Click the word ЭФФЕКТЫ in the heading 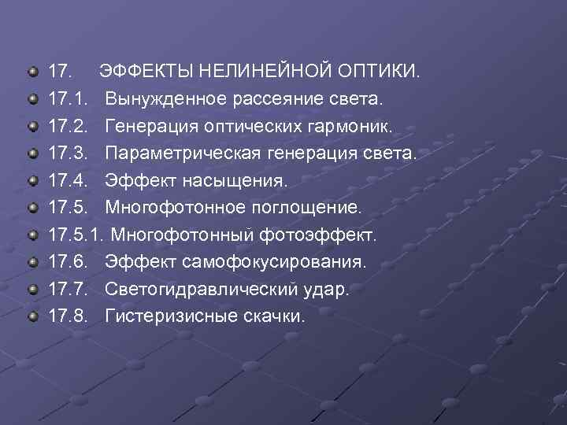click(x=146, y=73)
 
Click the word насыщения click(x=244, y=181)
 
